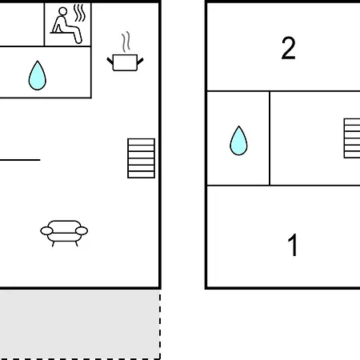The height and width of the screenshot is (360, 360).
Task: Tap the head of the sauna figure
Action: click(63, 11)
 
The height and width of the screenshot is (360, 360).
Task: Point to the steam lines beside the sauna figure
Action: click(80, 13)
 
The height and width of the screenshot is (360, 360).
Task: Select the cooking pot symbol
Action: click(125, 62)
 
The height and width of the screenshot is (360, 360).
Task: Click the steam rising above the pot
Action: click(126, 42)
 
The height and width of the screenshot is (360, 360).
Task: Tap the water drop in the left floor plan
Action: click(38, 76)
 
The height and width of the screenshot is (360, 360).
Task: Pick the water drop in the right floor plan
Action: click(238, 141)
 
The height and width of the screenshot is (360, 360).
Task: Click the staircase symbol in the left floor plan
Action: click(141, 158)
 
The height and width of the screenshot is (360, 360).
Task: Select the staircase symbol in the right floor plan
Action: click(352, 138)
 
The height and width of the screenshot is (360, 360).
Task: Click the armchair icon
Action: click(64, 233)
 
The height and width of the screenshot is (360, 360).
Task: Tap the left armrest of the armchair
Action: click(46, 231)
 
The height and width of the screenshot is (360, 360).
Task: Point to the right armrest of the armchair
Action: click(82, 230)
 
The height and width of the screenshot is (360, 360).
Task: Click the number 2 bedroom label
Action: click(289, 48)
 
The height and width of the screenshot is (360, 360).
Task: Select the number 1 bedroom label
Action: click(293, 245)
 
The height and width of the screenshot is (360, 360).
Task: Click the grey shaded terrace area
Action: click(79, 324)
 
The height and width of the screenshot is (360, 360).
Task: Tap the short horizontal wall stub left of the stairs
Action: click(20, 160)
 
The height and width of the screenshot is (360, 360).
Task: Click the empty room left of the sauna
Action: click(22, 25)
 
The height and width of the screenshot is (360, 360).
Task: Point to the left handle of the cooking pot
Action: click(110, 61)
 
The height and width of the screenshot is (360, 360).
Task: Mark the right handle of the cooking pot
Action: click(140, 61)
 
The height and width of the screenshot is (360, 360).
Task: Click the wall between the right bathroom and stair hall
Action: click(270, 138)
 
